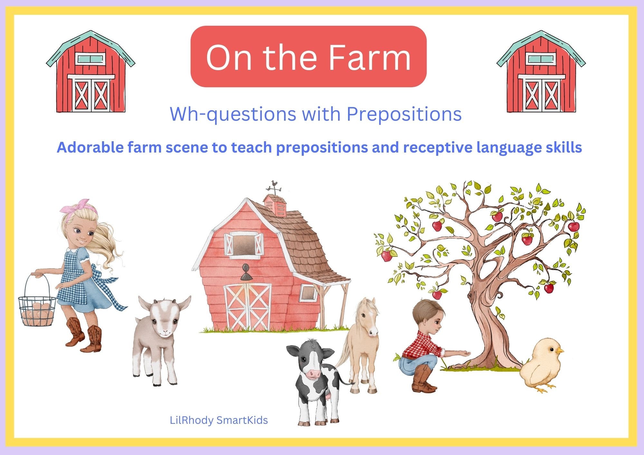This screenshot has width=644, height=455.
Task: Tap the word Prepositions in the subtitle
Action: click(x=404, y=114)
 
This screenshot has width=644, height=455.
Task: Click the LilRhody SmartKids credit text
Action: click(x=219, y=420)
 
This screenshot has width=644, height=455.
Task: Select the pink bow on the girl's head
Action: click(x=80, y=206)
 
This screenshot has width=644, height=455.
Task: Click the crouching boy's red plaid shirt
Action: click(x=422, y=346)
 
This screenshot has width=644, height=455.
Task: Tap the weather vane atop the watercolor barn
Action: click(x=274, y=187)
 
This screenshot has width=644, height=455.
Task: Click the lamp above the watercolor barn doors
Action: click(x=246, y=272)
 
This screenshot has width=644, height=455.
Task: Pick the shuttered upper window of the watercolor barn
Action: click(x=243, y=245)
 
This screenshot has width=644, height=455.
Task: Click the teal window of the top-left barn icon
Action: click(x=90, y=59)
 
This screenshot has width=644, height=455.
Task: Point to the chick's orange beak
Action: click(x=560, y=350)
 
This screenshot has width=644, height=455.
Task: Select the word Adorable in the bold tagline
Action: click(x=90, y=148)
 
